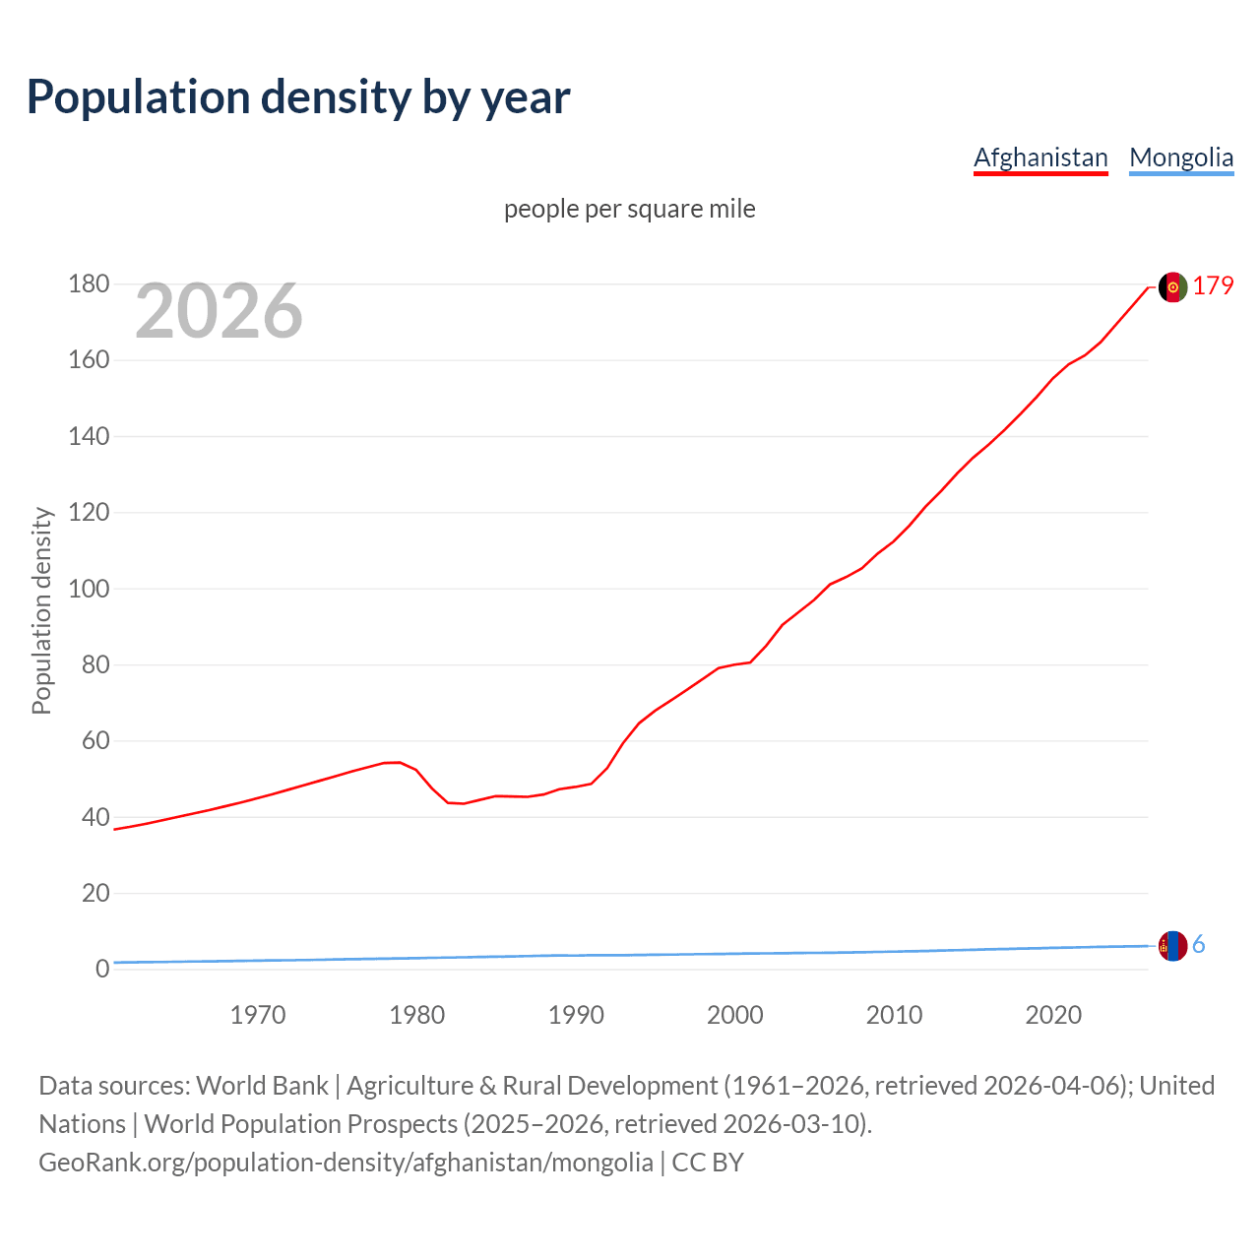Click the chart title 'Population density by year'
point(298,97)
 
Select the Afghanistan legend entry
point(1040,157)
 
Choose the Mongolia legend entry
point(1180,157)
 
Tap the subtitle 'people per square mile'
point(629,209)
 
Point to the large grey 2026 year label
point(219,311)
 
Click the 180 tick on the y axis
point(89,284)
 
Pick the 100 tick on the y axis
point(89,589)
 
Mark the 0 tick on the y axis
point(101,970)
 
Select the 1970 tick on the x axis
point(258,1015)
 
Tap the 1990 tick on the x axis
point(576,1015)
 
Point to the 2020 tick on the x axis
point(1053,1015)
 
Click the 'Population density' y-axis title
point(41,610)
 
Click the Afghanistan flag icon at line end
point(1172,286)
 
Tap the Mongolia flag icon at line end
point(1172,946)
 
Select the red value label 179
point(1213,285)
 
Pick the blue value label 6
point(1198,945)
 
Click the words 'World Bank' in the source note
point(262,1086)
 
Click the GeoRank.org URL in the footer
point(346,1163)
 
